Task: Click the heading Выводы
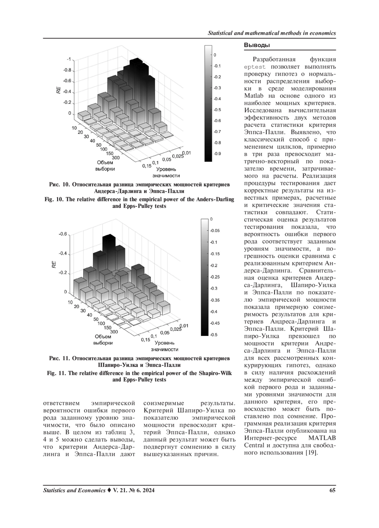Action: click(257, 45)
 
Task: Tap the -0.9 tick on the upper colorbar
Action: click(217, 154)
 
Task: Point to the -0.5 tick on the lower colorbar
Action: click(214, 335)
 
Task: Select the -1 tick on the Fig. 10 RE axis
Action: click(69, 59)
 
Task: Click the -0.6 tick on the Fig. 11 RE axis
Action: click(63, 234)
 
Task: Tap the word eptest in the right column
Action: click(255, 67)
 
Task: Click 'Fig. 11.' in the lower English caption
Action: click(57, 373)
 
